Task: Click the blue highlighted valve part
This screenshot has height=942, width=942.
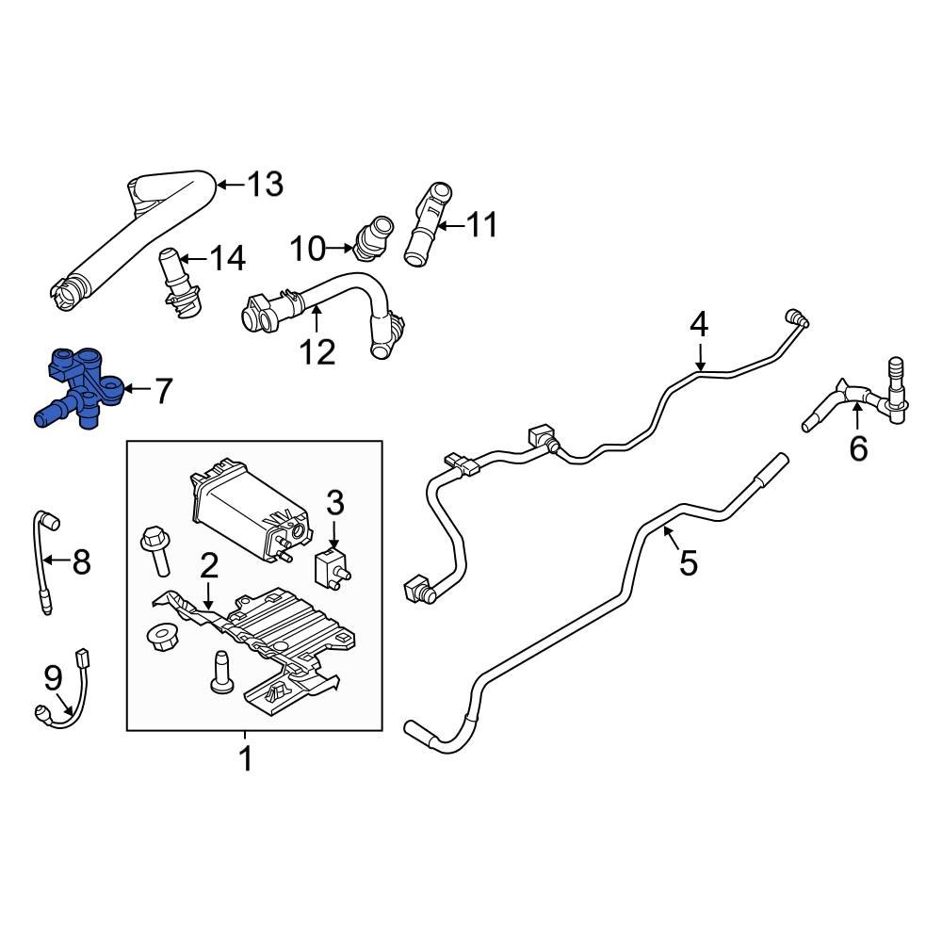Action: tap(79, 388)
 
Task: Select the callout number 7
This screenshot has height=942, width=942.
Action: tap(163, 390)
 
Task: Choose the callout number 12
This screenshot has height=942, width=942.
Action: tap(317, 351)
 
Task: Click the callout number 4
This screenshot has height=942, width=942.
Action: tap(698, 325)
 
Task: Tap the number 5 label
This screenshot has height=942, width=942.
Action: tap(689, 563)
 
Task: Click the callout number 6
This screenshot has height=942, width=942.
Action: tap(858, 449)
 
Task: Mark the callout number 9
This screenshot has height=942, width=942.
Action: tap(52, 675)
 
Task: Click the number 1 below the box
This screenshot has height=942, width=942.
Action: tap(245, 758)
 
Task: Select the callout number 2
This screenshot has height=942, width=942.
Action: tap(208, 565)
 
